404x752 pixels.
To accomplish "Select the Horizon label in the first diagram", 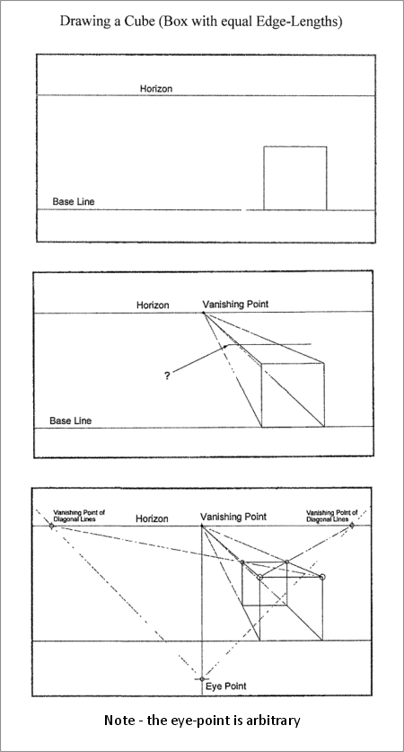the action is pos(155,89).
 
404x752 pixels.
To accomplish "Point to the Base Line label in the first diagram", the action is pos(74,201).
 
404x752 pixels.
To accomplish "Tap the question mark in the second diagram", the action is pos(167,376).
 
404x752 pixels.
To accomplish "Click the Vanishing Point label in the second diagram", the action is pos(235,304).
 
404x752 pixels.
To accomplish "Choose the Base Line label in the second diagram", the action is pos(70,421).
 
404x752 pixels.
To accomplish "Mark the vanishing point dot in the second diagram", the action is pos(204,313).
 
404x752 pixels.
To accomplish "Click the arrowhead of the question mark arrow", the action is pos(226,346).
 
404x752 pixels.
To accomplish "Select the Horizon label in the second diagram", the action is pos(153,305).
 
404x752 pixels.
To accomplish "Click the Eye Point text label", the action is pos(225,686).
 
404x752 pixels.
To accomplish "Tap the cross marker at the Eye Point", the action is pos(202,678).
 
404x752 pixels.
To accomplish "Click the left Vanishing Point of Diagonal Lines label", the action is pos(79,516).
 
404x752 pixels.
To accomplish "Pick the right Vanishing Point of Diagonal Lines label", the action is pos(331,516).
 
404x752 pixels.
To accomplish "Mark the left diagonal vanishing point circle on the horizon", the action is pos(51,526).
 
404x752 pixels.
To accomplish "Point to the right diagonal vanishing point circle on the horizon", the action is pos(352,526).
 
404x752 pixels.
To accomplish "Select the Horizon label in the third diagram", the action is pos(152,519).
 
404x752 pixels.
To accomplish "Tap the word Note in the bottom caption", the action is pos(118,721).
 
